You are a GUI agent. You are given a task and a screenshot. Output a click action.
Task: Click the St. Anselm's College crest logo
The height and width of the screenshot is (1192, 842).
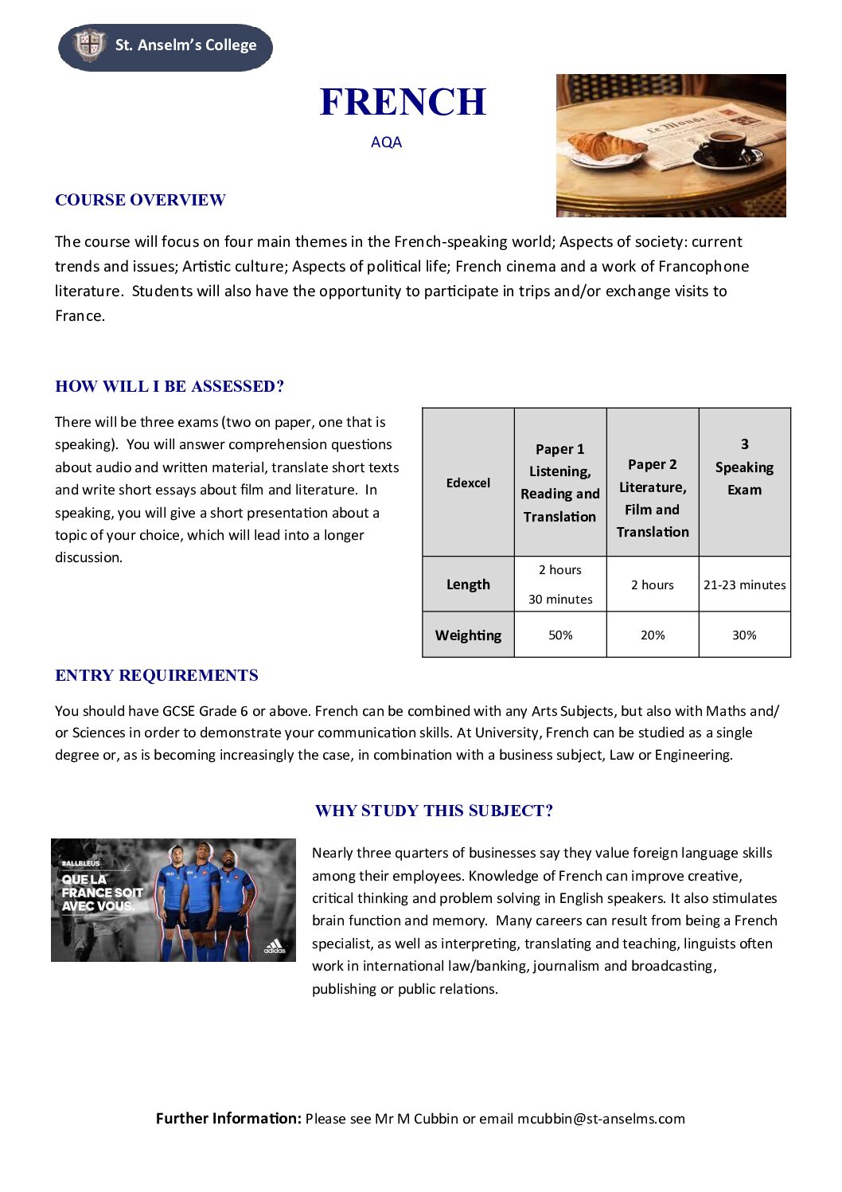[x=89, y=45]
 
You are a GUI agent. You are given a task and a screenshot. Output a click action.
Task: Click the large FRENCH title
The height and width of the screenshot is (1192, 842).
[x=403, y=102]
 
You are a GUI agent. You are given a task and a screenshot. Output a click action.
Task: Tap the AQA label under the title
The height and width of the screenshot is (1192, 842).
[x=386, y=143]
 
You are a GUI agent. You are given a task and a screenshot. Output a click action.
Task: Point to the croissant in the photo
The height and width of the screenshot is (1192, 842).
[x=606, y=145]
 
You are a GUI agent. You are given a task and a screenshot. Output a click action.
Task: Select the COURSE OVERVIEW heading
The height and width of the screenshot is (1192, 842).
[x=140, y=200]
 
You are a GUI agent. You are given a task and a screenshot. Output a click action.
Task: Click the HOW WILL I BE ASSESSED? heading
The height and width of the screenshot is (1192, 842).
[x=170, y=386]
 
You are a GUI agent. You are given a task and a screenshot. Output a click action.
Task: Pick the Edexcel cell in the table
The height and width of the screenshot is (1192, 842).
[x=468, y=483]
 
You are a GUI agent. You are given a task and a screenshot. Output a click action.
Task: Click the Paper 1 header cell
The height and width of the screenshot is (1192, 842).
[x=560, y=483]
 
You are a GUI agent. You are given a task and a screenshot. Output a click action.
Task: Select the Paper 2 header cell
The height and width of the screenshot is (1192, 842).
[x=653, y=498]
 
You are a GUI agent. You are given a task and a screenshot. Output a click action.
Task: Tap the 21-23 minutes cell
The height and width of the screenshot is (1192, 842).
[x=744, y=584]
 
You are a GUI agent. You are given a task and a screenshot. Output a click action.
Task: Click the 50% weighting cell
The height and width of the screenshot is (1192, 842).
[x=560, y=635]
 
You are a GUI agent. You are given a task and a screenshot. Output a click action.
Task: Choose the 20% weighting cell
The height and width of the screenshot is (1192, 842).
[x=653, y=635]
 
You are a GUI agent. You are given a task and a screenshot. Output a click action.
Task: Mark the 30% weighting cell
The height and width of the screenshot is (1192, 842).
[x=744, y=635]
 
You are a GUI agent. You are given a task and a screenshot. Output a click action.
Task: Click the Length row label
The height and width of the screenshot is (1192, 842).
[x=468, y=584]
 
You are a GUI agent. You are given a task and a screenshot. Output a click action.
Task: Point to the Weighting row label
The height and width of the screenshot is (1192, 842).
[x=468, y=635]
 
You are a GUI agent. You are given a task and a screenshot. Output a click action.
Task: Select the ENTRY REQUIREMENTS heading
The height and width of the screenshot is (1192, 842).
[x=157, y=675]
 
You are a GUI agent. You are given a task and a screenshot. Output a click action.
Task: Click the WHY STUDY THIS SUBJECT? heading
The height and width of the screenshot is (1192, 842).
[x=434, y=811]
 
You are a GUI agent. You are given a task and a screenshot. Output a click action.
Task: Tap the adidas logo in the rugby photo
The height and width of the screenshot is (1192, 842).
[x=275, y=947]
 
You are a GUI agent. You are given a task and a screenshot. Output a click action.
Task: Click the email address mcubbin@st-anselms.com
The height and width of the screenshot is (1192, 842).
[x=601, y=1119]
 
